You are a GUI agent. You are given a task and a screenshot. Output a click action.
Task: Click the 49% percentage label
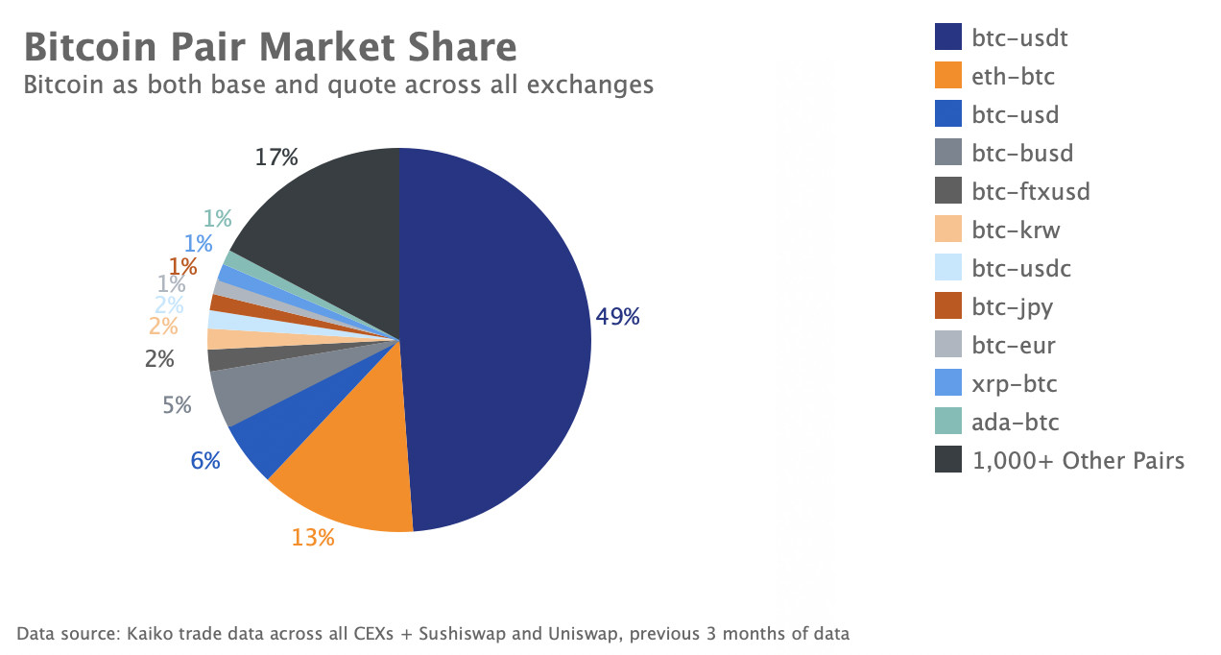click(x=617, y=316)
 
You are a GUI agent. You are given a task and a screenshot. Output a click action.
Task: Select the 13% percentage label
click(x=313, y=538)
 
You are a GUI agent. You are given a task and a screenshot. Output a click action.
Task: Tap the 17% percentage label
click(x=275, y=157)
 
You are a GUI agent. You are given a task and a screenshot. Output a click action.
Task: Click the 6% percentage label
click(x=205, y=461)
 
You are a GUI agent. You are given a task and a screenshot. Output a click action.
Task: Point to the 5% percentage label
click(x=177, y=405)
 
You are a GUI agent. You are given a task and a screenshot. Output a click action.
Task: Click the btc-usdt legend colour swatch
click(x=948, y=38)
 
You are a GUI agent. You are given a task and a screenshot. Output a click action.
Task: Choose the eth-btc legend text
click(x=1014, y=77)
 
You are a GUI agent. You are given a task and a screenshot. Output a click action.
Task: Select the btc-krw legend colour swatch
click(x=948, y=230)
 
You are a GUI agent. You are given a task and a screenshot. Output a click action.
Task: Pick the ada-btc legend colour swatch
click(x=948, y=423)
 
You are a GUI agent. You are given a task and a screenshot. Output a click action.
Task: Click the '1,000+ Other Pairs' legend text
click(x=1078, y=461)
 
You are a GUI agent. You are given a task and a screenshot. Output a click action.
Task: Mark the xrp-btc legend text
click(x=1015, y=384)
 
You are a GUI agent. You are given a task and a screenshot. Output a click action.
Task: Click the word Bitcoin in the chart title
click(x=87, y=47)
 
